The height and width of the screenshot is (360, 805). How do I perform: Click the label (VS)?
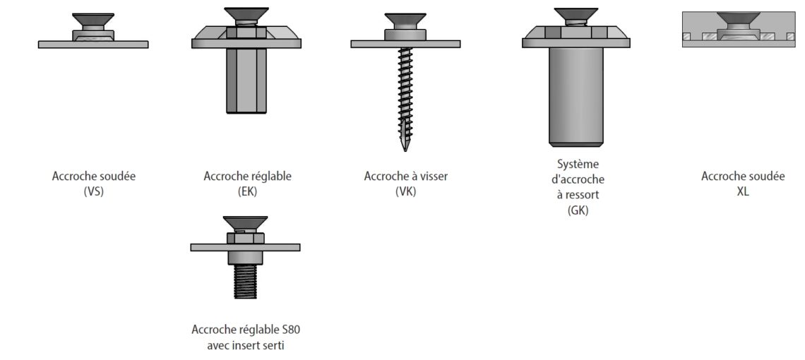(93, 192)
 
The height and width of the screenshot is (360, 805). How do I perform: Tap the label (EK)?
(247, 192)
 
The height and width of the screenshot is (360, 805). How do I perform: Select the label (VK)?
(405, 192)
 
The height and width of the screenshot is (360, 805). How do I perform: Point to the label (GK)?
(578, 210)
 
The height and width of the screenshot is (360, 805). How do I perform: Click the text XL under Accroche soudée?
(743, 192)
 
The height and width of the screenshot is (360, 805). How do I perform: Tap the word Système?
(578, 164)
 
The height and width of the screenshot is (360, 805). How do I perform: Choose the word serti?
(273, 346)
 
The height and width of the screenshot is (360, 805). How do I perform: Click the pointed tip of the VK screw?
(405, 150)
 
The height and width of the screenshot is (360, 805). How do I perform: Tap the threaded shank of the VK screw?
(405, 97)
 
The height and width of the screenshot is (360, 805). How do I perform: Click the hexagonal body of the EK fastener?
(246, 80)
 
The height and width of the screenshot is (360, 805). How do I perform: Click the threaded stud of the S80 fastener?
(246, 281)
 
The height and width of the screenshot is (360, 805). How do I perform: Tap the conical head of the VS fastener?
(93, 20)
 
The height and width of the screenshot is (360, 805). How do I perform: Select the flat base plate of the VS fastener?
(93, 44)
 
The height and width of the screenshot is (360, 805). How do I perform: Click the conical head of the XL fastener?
(738, 18)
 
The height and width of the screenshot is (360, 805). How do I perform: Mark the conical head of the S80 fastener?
(246, 222)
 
